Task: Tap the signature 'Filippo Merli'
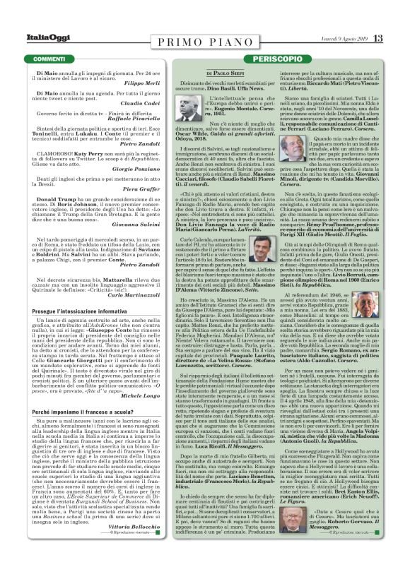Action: pos(160,84)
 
